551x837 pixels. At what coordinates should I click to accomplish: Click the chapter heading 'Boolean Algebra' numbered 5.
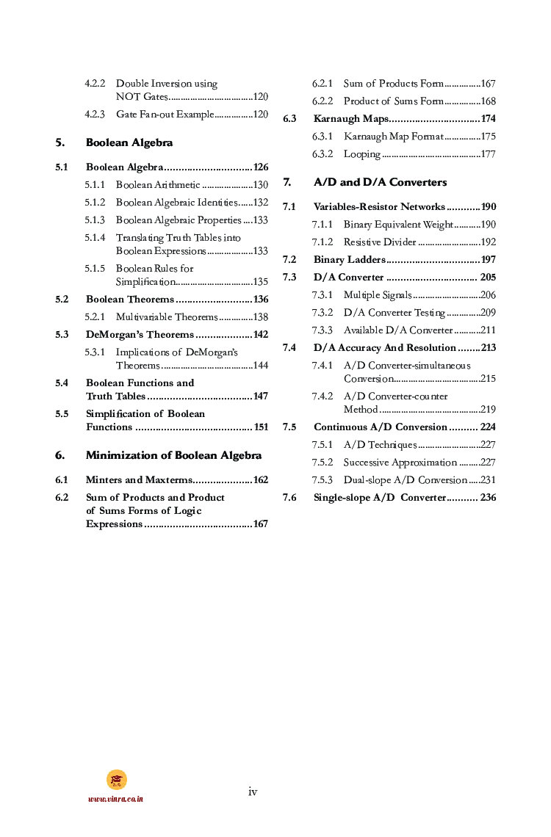coord(129,142)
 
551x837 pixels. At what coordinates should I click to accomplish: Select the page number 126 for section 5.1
coord(260,167)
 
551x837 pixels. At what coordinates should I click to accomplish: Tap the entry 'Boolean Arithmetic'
coord(158,185)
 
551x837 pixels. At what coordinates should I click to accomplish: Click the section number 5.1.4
coord(95,238)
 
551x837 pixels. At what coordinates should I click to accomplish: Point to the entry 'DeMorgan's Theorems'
coord(140,335)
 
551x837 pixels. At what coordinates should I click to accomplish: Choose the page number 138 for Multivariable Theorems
coord(260,317)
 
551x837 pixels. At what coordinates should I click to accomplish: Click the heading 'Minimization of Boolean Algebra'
coord(173,455)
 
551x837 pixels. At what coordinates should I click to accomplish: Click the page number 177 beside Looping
coord(488,154)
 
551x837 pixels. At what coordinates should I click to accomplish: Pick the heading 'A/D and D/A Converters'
coord(380,182)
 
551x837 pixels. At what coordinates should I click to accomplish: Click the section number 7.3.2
coord(323,313)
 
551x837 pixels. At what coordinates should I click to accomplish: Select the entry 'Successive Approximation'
coord(400,463)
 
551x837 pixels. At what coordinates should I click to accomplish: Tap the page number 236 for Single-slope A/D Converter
coord(488,498)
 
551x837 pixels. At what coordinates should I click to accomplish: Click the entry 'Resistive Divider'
coord(380,242)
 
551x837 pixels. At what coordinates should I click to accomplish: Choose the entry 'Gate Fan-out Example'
coord(165,115)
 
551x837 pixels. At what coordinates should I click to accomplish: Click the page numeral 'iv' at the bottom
coord(253,791)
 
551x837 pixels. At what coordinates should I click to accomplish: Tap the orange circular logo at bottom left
coord(117,779)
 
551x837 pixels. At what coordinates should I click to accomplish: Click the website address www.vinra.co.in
coord(116,799)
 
